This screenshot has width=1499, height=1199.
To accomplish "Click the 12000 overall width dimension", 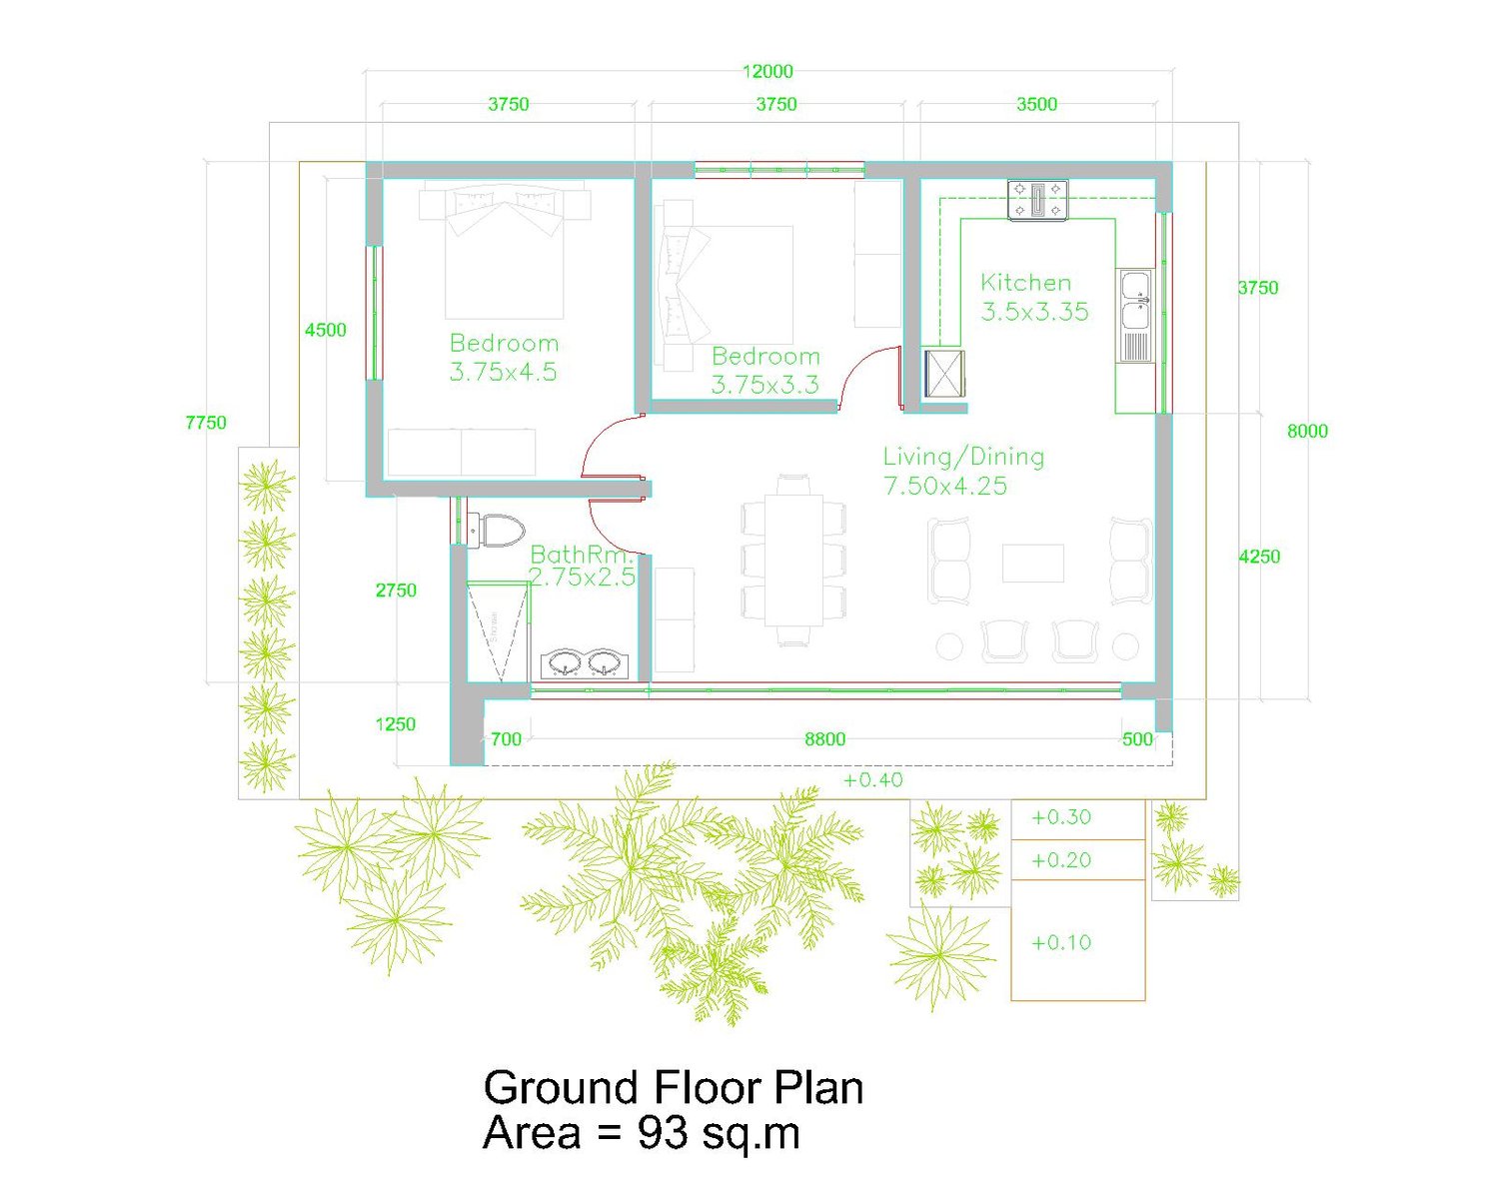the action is click(766, 71).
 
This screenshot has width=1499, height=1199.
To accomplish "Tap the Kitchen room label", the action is click(1025, 282).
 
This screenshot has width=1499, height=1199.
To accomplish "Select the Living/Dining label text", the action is click(963, 457).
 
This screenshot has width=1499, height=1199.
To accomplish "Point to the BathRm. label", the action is click(581, 555).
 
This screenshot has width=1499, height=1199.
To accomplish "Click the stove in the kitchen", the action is click(1037, 201).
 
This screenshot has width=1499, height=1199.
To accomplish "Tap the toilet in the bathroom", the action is click(496, 531).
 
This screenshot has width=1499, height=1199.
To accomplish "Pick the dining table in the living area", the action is click(793, 561).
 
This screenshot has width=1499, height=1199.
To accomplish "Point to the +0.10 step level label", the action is click(1061, 942).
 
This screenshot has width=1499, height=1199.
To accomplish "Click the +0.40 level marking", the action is click(872, 779).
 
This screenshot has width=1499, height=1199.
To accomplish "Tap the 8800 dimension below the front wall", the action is click(824, 739).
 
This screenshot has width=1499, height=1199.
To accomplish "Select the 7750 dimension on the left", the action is click(206, 423).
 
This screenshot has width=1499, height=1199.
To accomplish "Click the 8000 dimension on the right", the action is click(1307, 431).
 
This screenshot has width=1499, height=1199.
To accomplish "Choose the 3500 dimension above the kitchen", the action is click(1036, 104).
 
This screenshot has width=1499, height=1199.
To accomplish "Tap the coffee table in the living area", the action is click(1032, 563).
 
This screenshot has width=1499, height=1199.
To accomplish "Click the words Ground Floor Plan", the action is click(673, 1087).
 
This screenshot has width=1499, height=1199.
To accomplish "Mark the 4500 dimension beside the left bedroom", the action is click(326, 330).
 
